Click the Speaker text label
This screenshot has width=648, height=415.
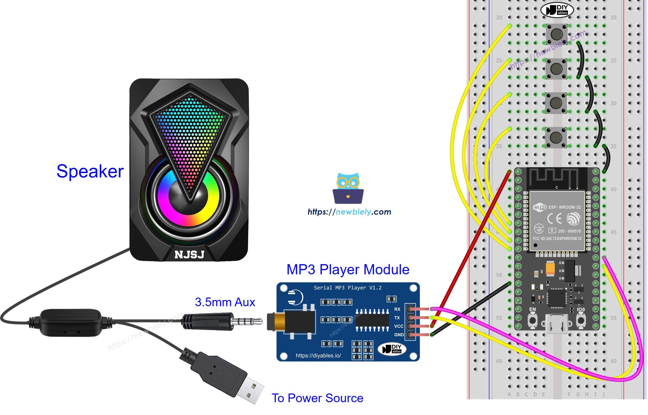click(x=90, y=171)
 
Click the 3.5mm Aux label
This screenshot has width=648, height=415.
click(x=225, y=302)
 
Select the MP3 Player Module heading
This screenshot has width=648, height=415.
click(x=348, y=269)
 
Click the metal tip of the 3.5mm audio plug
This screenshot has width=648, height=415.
click(x=248, y=321)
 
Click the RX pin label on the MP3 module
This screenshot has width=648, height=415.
click(x=397, y=309)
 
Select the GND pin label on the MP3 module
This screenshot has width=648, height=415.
click(x=399, y=335)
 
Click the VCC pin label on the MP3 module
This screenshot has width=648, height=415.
click(x=398, y=326)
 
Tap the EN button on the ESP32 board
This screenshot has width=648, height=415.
click(x=532, y=321)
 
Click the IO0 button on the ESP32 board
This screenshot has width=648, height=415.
click(x=581, y=321)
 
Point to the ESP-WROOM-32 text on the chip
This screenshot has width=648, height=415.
click(x=564, y=207)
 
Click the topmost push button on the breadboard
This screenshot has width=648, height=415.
click(x=557, y=34)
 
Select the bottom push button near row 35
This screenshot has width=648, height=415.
click(x=556, y=138)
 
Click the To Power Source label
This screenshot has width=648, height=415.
click(x=317, y=398)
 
